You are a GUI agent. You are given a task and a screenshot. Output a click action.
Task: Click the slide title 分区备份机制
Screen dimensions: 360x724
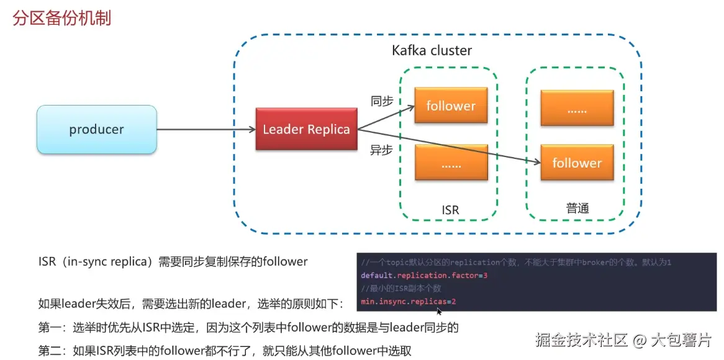[x=62, y=18]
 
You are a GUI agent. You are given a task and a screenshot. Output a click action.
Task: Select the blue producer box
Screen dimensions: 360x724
[x=96, y=130]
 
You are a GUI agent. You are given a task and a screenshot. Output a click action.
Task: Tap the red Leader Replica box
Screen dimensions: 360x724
[x=306, y=129]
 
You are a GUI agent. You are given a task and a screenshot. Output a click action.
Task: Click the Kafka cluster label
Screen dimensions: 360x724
[x=432, y=50]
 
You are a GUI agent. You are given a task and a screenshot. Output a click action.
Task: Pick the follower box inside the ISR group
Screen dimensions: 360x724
[x=450, y=106]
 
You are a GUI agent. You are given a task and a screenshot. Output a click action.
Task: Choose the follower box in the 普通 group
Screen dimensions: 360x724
[x=577, y=163]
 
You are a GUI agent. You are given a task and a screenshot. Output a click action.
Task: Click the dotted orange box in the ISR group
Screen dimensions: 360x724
[x=450, y=162]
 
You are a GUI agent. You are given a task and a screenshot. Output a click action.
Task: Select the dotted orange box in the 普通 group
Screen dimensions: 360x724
[x=577, y=107]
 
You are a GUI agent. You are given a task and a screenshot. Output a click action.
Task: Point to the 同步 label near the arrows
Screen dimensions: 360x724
[x=382, y=101]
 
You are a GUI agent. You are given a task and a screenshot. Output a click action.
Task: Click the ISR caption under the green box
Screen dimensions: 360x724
[x=450, y=210]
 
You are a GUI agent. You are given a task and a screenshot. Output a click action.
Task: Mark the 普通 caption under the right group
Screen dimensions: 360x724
[x=577, y=209]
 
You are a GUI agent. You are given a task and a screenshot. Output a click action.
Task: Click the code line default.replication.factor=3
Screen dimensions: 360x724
[x=424, y=275]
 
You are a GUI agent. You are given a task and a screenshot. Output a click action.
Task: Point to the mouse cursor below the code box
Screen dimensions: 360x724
[x=439, y=310]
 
